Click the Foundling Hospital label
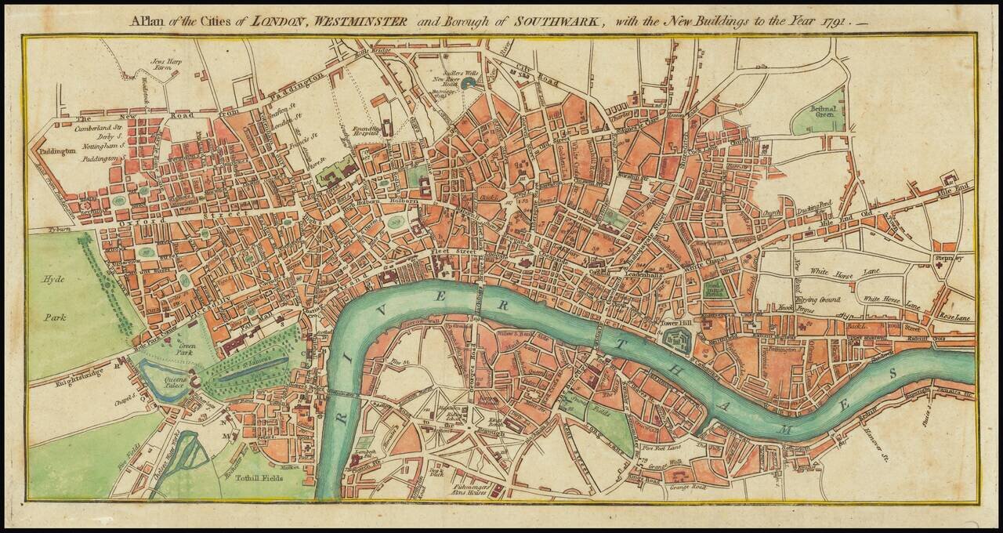tap(366, 130)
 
